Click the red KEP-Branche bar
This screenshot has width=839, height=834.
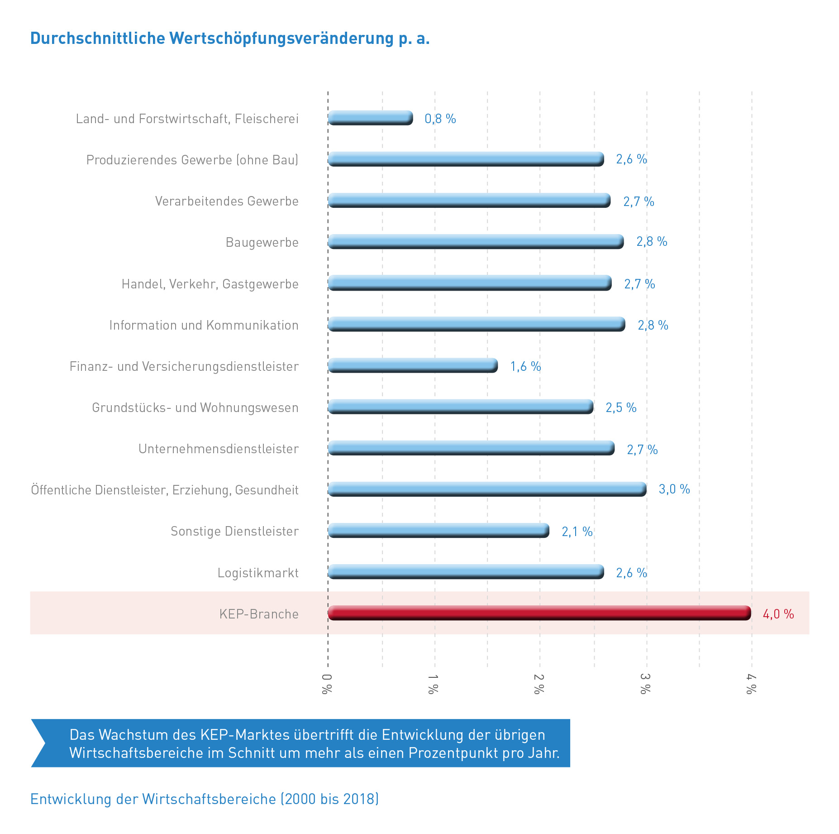coord(539,613)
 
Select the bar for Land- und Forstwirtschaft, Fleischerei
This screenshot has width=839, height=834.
coord(370,118)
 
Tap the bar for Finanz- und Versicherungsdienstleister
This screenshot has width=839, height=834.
coord(413,365)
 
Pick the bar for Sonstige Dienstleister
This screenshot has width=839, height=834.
coord(438,531)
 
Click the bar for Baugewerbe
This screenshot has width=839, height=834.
coord(475,241)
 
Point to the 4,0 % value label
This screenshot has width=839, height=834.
coord(778,614)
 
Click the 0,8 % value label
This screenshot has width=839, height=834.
coord(440,119)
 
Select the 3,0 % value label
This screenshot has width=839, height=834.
coord(674,489)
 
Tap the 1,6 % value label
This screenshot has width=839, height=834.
coord(525,366)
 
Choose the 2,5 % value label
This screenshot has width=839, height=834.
coord(621,407)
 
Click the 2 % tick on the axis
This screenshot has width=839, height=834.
coord(539,684)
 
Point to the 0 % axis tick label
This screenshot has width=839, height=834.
coord(327,684)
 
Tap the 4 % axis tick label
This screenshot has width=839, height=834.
coord(751,684)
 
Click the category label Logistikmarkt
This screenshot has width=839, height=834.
coord(258,573)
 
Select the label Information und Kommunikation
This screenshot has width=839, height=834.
coord(204,325)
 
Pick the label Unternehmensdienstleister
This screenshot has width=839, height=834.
coord(218,449)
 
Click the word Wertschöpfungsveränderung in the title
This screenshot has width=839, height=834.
coord(281,38)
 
